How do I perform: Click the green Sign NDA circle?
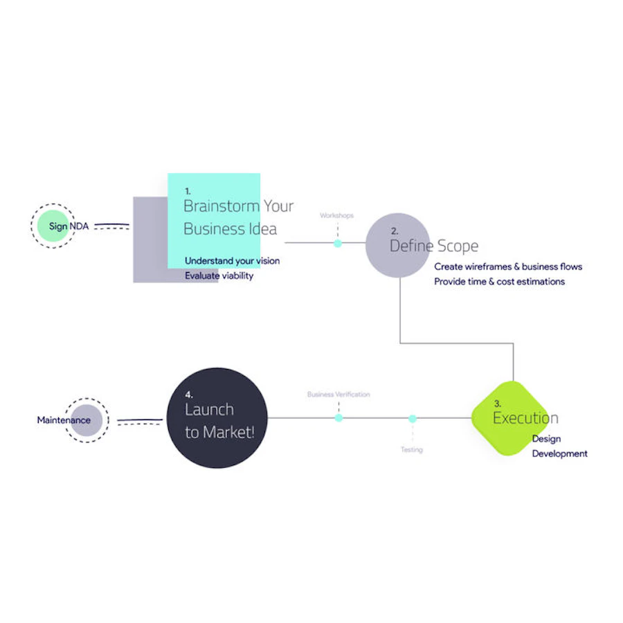[53, 226]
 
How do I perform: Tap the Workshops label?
[336, 215]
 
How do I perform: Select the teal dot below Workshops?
[338, 244]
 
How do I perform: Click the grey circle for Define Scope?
[398, 245]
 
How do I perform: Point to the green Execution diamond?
[511, 418]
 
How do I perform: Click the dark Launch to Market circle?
[217, 418]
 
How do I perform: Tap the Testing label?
[412, 449]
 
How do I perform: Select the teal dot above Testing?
[413, 418]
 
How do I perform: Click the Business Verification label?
[338, 394]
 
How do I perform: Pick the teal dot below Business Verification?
[338, 417]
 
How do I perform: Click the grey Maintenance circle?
[87, 420]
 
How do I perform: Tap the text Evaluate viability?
[219, 276]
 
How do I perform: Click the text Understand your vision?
[232, 261]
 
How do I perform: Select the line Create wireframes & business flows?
[508, 267]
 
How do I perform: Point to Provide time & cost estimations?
[499, 282]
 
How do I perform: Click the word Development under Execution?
[559, 453]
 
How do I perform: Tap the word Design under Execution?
[546, 439]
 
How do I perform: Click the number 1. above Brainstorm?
[188, 191]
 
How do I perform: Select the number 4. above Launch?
[189, 395]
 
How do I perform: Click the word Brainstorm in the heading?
[222, 206]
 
